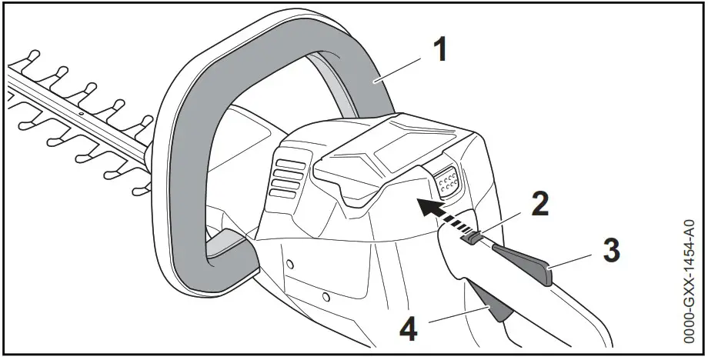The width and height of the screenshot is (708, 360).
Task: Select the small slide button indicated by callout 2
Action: [x=471, y=238]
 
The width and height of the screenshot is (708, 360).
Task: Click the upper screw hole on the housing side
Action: [x=289, y=264]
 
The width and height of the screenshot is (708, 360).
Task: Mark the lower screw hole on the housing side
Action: [x=326, y=295]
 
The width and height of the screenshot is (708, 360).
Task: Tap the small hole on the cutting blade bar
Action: [x=79, y=110]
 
